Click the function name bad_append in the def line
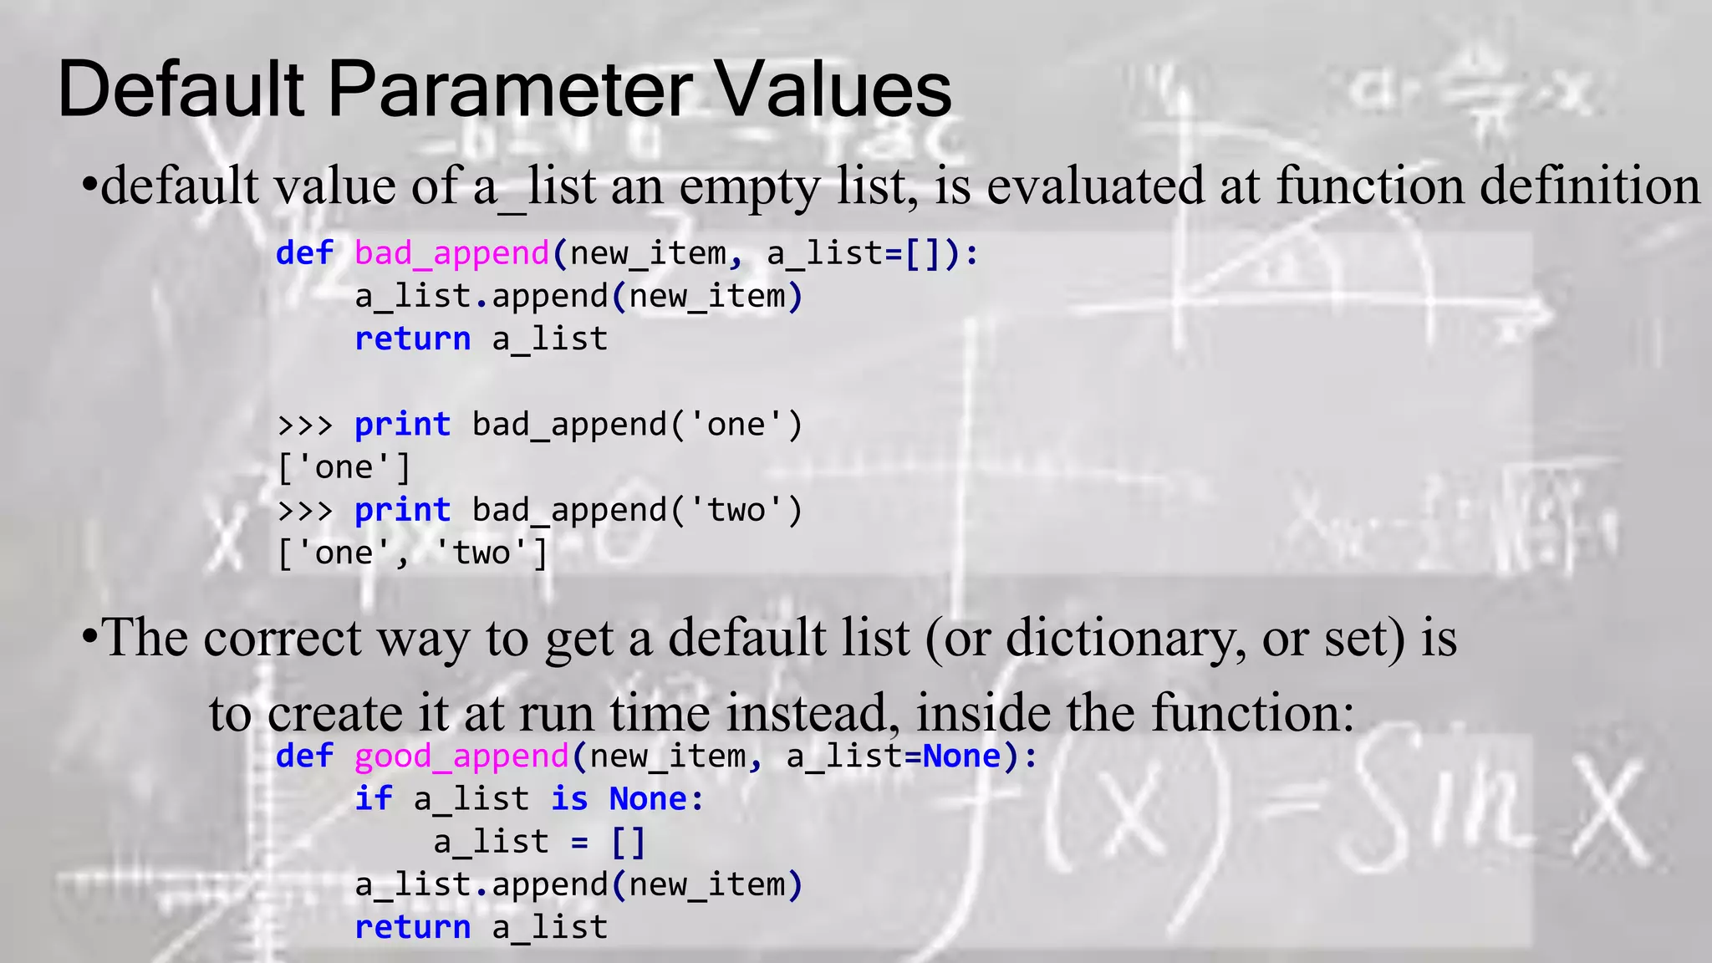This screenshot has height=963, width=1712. (x=451, y=253)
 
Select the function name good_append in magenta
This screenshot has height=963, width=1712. (x=461, y=757)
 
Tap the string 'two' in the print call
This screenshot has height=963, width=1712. (x=736, y=510)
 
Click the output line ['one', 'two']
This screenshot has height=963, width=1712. (x=413, y=553)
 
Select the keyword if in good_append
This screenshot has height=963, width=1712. (x=373, y=799)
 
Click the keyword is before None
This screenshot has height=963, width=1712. (x=569, y=799)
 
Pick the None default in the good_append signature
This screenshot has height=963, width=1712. (x=961, y=757)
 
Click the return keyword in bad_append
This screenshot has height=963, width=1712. (x=413, y=339)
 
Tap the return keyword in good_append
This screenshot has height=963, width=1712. (x=413, y=928)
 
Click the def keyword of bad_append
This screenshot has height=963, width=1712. (x=304, y=253)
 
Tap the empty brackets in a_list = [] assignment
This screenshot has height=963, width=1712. (x=629, y=842)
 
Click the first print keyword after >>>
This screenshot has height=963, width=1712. (x=402, y=425)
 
